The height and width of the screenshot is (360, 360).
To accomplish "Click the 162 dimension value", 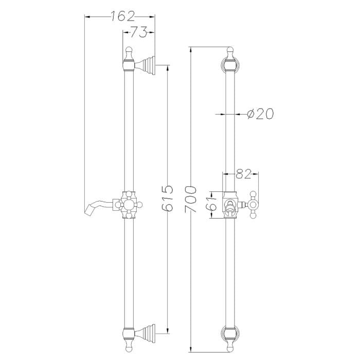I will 122,16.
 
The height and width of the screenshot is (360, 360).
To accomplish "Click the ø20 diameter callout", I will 260,113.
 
